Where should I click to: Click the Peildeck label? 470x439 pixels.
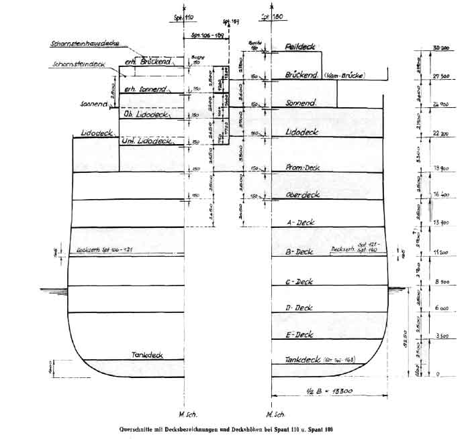[x=299, y=47]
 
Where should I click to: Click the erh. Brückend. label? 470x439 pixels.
[x=149, y=61]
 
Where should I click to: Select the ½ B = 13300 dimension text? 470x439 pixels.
[x=316, y=391]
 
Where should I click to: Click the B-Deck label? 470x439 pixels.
[x=299, y=252]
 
